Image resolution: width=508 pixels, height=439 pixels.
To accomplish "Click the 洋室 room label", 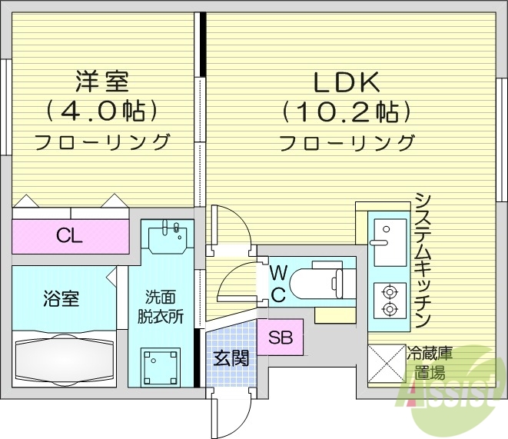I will click(101, 81).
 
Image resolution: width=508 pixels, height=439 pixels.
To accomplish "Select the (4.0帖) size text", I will click(101, 111).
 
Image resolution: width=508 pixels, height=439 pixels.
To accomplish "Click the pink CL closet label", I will click(69, 236).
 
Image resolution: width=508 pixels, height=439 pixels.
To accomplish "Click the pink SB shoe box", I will click(280, 337).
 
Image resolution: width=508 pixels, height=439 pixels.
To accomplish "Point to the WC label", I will click(278, 282).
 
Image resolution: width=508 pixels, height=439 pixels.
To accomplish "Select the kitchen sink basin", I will click(387, 234).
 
